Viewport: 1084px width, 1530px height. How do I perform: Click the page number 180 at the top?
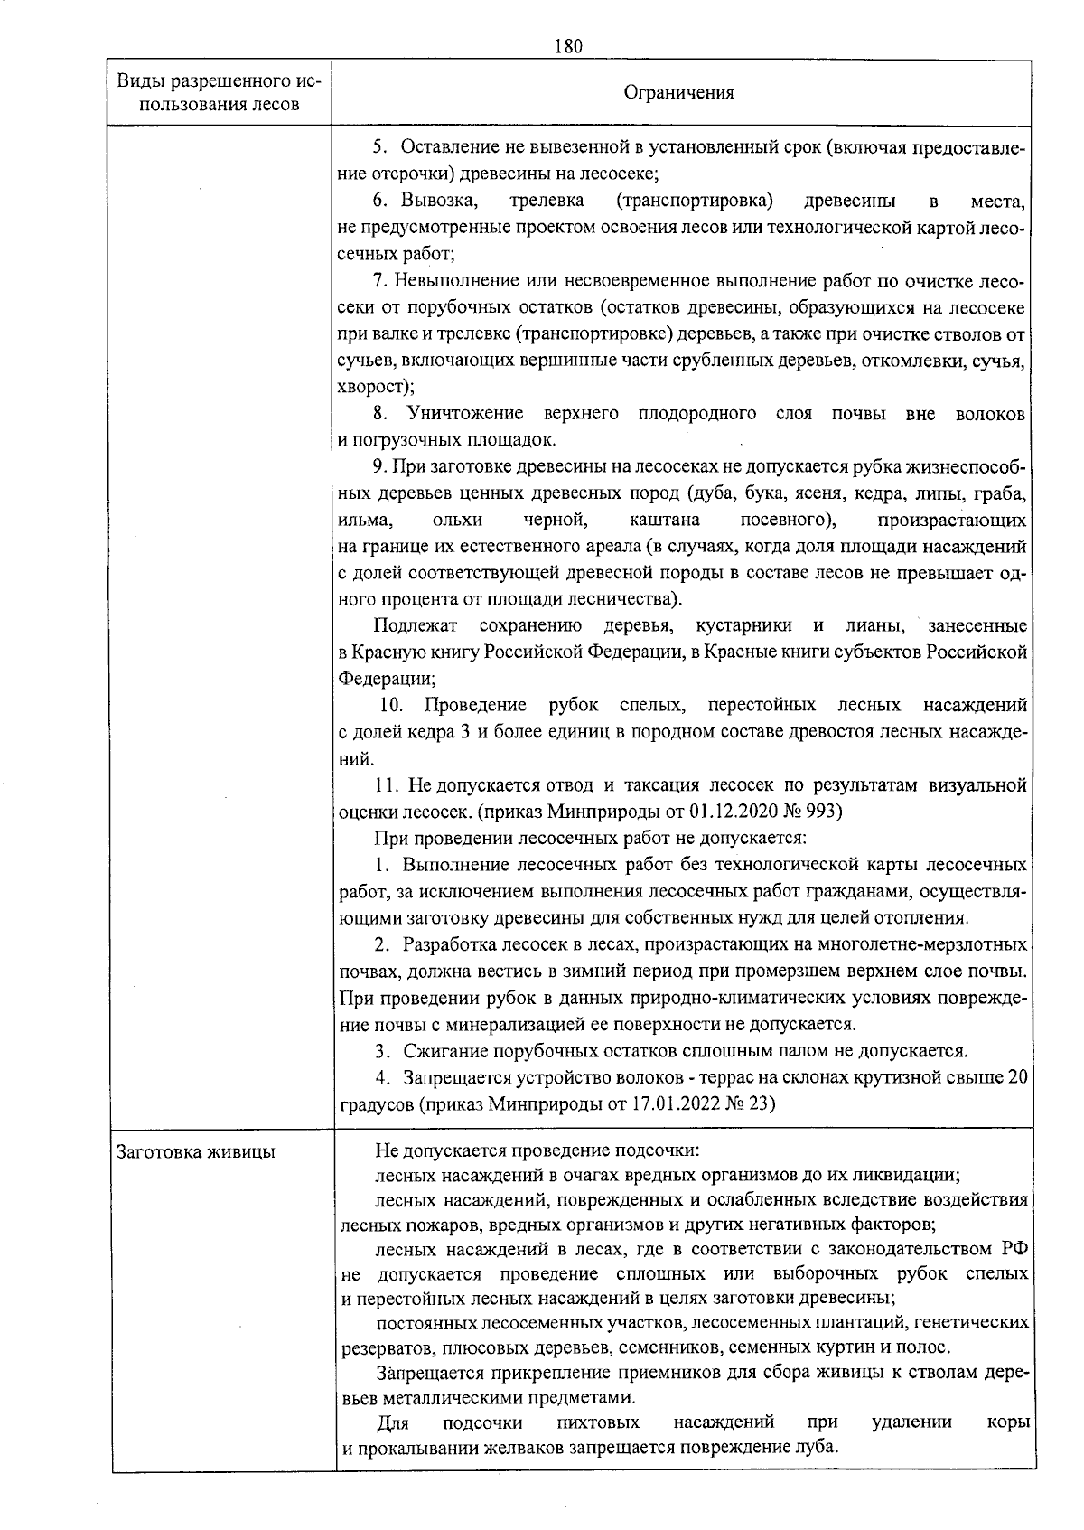569,46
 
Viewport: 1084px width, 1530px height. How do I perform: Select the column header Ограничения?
679,92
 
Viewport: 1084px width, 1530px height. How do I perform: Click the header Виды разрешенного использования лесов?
220,92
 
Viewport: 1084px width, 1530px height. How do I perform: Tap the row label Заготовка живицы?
196,1151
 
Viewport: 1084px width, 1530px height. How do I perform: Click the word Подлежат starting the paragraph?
416,624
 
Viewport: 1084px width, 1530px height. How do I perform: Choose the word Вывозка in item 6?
433,200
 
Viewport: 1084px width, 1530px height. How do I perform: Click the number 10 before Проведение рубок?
390,704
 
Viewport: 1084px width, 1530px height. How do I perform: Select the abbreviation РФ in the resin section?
1014,1249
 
